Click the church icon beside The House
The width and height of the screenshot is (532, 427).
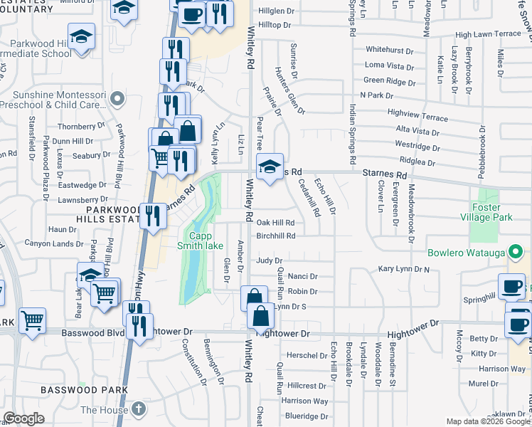click(139, 409)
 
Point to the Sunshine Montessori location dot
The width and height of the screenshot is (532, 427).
click(119, 100)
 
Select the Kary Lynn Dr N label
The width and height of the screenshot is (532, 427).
click(404, 270)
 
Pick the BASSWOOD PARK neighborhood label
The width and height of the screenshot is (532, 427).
click(84, 390)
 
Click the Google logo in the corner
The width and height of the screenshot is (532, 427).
click(23, 418)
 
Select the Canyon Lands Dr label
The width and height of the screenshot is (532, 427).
click(54, 244)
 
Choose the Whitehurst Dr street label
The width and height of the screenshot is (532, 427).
click(389, 50)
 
